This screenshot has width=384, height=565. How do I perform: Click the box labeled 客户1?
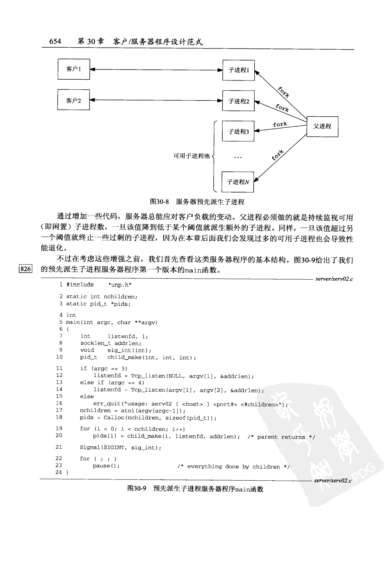pyautogui.click(x=74, y=69)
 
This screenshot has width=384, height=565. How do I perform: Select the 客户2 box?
pyautogui.click(x=74, y=100)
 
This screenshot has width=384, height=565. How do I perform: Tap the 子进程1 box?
pyautogui.click(x=238, y=70)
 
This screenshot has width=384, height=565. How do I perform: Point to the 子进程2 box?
pyautogui.click(x=238, y=101)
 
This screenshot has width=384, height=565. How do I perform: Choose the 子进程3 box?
pyautogui.click(x=238, y=132)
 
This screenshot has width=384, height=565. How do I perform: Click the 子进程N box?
pyautogui.click(x=238, y=182)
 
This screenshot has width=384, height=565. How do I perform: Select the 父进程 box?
pyautogui.click(x=322, y=126)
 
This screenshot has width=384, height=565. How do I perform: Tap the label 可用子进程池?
pyautogui.click(x=191, y=156)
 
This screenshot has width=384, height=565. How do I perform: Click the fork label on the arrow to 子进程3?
pyautogui.click(x=280, y=124)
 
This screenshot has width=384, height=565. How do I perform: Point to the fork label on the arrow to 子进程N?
pyautogui.click(x=278, y=155)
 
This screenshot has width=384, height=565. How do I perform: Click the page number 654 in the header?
pyautogui.click(x=55, y=41)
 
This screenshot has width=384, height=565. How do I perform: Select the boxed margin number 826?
pyautogui.click(x=25, y=269)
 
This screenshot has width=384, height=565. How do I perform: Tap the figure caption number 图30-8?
pyautogui.click(x=159, y=202)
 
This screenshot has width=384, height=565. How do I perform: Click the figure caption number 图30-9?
pyautogui.click(x=137, y=488)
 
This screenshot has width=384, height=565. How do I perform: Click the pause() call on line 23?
pyautogui.click(x=106, y=466)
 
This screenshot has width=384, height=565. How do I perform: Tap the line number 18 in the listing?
pyautogui.click(x=59, y=417)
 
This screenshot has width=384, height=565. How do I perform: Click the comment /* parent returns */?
pyautogui.click(x=281, y=437)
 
